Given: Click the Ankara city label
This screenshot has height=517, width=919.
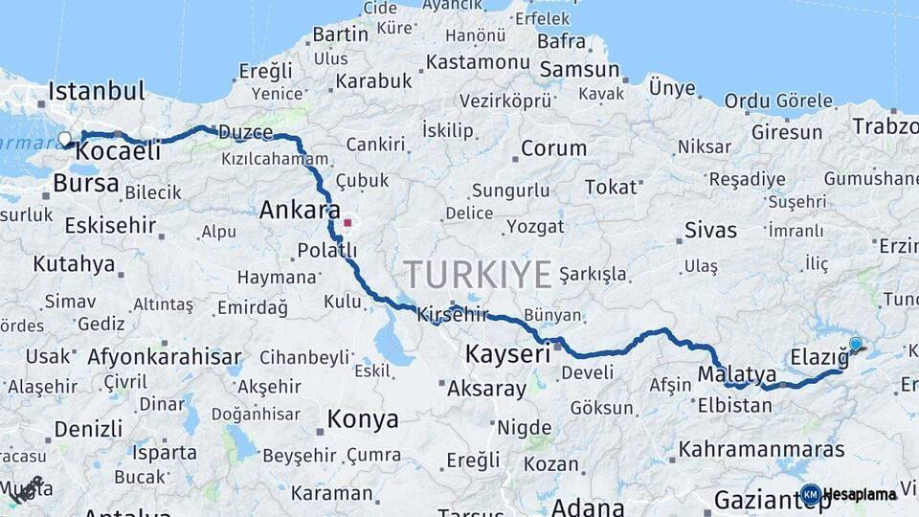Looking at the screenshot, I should (x=300, y=210).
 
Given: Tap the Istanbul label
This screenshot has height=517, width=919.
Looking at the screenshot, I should (x=96, y=92).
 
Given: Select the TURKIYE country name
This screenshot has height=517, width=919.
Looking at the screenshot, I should (x=478, y=274).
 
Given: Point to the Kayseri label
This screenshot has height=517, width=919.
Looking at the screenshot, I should (x=507, y=353).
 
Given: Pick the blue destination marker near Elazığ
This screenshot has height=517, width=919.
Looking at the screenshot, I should (x=855, y=345).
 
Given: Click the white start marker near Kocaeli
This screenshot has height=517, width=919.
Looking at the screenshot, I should (x=65, y=139).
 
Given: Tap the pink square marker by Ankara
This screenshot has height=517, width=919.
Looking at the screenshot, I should (x=347, y=223).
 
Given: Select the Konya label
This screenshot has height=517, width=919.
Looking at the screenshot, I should (x=363, y=419).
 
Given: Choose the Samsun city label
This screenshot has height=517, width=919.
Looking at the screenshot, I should (x=580, y=70).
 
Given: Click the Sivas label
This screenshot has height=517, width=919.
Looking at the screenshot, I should (x=710, y=230).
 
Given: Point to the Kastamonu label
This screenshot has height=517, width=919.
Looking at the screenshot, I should (x=478, y=61).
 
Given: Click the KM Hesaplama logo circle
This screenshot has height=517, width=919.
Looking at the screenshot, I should (x=811, y=494).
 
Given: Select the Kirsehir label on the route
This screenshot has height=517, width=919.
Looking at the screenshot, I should (x=452, y=314).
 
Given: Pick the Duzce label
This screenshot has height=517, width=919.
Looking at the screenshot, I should (x=245, y=132).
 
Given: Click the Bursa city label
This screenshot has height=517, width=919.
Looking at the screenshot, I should (x=86, y=183).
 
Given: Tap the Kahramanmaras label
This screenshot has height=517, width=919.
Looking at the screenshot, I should (x=762, y=449).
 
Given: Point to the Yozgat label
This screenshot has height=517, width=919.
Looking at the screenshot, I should (x=536, y=227).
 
